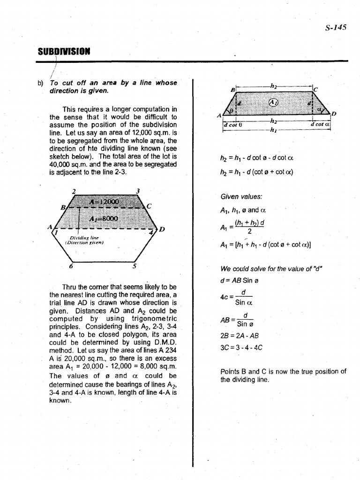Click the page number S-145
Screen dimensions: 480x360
click(x=335, y=27)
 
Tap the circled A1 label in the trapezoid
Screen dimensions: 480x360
click(x=273, y=103)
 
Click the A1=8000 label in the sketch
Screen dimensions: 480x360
click(x=104, y=219)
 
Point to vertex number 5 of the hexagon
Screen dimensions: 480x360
click(x=135, y=266)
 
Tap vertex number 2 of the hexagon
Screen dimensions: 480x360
click(x=74, y=191)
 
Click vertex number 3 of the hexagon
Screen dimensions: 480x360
click(x=137, y=191)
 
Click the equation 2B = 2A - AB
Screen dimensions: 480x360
click(x=239, y=336)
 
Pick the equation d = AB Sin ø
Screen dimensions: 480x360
click(x=240, y=281)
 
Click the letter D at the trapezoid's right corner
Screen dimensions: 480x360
click(x=334, y=113)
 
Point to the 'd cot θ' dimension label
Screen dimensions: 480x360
click(x=232, y=125)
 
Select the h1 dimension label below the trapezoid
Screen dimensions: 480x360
click(x=274, y=131)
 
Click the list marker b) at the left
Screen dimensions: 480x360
click(x=40, y=83)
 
